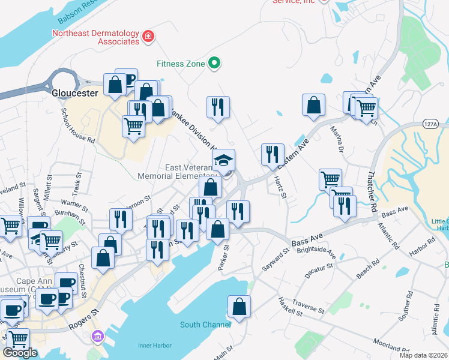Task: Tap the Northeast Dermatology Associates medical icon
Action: click(148, 38)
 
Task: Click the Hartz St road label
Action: click(280, 187)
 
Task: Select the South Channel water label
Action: click(205, 325)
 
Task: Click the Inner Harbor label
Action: click(155, 346)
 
